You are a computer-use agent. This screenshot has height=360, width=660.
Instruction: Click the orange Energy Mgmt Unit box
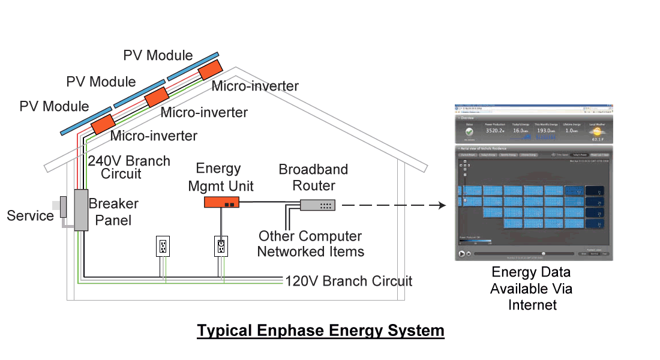click(x=221, y=202)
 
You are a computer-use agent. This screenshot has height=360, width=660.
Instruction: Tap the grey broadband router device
click(x=317, y=205)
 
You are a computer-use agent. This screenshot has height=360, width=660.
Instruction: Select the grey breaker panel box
click(x=81, y=209)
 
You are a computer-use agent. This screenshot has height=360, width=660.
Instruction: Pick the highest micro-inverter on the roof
click(x=210, y=70)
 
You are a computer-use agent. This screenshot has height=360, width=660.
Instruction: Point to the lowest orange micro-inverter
click(x=103, y=124)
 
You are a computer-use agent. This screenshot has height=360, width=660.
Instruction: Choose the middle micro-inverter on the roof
click(x=157, y=97)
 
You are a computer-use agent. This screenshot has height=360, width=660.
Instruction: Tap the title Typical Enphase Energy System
click(x=320, y=331)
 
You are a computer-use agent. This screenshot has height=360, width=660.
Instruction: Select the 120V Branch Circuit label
click(x=349, y=280)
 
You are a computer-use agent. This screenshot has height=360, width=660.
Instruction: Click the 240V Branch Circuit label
click(x=129, y=167)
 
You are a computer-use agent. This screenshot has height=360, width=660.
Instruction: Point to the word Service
click(x=30, y=215)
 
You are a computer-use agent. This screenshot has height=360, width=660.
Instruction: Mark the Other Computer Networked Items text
click(x=310, y=244)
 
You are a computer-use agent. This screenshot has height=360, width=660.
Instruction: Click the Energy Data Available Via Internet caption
click(x=532, y=289)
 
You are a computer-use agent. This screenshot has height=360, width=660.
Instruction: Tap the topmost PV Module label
click(x=158, y=55)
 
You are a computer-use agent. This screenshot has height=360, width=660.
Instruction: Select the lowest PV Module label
click(x=54, y=107)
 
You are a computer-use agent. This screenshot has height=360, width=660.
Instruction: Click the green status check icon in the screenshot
click(x=469, y=131)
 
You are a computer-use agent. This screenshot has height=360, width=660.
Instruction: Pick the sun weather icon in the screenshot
click(x=596, y=131)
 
